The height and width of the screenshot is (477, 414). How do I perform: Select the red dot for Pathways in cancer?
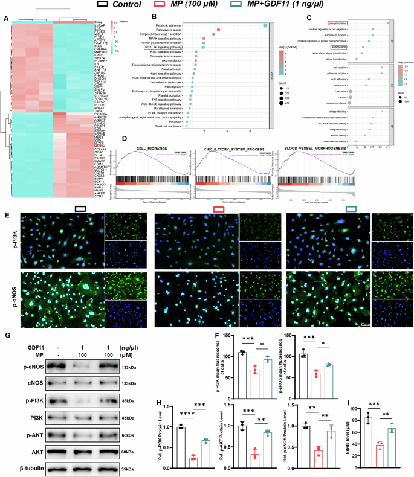(218, 30)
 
